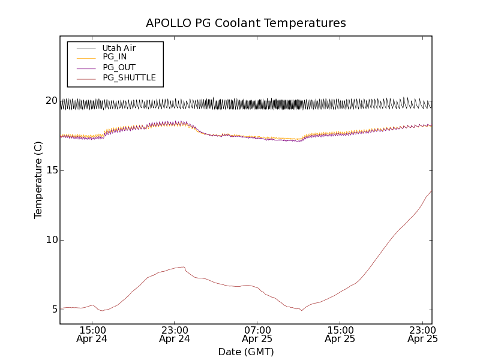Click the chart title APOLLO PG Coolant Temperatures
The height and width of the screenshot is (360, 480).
[246, 23]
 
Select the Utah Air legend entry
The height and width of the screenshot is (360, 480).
[119, 48]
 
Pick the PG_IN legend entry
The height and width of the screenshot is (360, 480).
[115, 57]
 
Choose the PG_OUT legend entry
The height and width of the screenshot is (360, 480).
[119, 67]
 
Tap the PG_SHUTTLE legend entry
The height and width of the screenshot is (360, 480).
[129, 77]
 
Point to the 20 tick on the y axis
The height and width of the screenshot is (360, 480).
[51, 101]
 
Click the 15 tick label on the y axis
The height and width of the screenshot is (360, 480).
[51, 170]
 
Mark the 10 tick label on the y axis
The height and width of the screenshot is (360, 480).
[51, 240]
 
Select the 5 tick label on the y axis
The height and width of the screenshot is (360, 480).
[54, 310]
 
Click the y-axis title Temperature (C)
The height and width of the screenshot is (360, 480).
[38, 180]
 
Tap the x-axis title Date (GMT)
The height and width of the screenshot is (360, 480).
[246, 352]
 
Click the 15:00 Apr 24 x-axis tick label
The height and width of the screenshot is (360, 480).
[92, 334]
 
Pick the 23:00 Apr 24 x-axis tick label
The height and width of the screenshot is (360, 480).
[175, 334]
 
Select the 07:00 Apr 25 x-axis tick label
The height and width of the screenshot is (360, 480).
[257, 334]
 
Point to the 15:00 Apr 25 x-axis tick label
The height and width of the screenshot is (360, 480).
[340, 334]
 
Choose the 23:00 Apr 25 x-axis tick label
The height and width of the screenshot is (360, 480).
[422, 334]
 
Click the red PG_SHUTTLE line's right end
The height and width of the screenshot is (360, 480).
[431, 191]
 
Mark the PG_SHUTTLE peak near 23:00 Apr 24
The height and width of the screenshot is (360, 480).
[183, 267]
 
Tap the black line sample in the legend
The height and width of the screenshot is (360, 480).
[86, 48]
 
